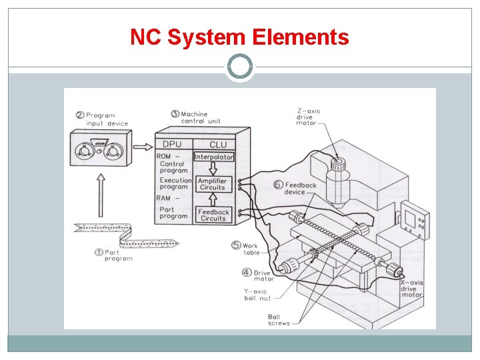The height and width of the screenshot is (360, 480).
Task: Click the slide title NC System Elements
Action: [239, 37]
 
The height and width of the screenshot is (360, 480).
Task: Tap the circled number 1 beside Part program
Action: [98, 252]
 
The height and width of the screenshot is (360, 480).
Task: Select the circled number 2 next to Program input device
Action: [80, 115]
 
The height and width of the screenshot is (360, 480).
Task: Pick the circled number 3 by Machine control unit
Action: [175, 114]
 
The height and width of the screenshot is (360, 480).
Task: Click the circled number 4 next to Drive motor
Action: [247, 272]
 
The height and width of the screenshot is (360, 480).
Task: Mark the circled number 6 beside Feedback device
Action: [278, 185]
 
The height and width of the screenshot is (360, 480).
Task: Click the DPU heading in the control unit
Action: [172, 145]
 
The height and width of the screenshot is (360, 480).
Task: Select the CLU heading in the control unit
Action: [218, 145]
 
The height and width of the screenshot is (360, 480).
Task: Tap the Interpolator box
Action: [214, 157]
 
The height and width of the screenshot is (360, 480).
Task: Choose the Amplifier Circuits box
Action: [213, 184]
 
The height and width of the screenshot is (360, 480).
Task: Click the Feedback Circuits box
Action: [213, 215]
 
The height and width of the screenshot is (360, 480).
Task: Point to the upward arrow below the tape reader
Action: [100, 193]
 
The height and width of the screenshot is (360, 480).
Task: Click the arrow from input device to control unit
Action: [142, 146]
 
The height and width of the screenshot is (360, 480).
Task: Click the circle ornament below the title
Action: [240, 67]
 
